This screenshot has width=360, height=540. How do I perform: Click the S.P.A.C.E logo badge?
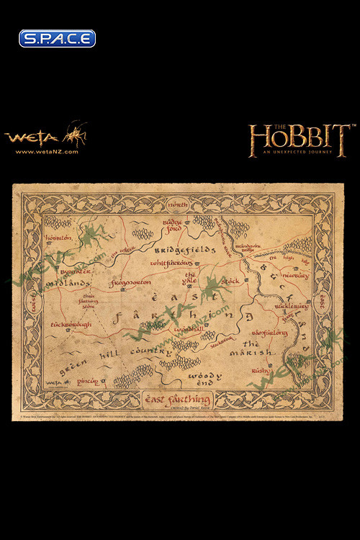pos(57,38)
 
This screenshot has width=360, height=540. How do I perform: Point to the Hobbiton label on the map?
pos(58,217)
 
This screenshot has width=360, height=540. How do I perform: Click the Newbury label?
pos(294,276)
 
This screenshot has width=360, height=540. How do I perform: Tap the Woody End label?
pos(199,379)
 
